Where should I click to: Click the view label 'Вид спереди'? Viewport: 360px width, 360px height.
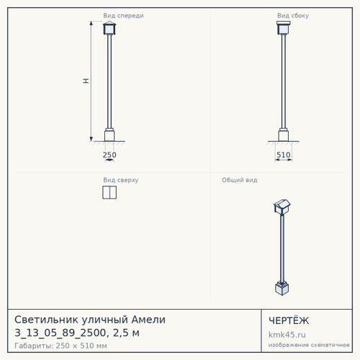click(x=123, y=16)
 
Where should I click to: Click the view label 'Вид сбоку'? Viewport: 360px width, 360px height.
click(x=293, y=16)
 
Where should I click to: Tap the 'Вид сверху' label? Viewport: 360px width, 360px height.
click(x=121, y=180)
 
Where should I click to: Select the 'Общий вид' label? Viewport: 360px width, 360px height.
click(x=240, y=180)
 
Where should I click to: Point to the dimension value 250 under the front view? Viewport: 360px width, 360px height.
click(x=109, y=155)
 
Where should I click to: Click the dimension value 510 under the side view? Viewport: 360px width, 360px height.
click(x=284, y=155)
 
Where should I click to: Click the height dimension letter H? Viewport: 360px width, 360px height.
click(x=86, y=81)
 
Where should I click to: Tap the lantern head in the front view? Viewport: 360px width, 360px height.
click(x=109, y=28)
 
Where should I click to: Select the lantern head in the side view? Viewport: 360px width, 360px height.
click(x=284, y=28)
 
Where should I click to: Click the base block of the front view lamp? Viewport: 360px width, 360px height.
click(x=109, y=135)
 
